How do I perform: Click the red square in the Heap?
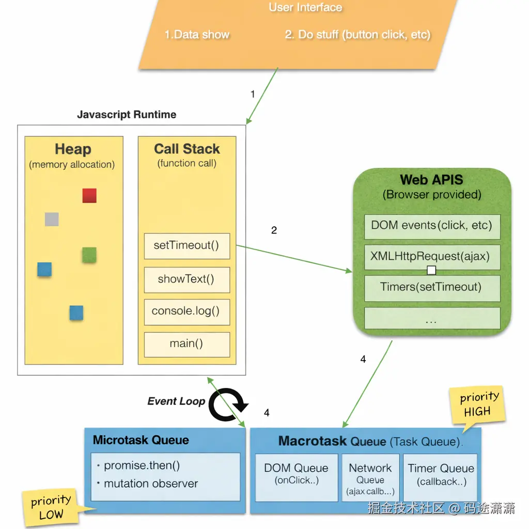point(89,196)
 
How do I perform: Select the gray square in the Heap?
point(52,219)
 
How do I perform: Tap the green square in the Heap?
point(89,255)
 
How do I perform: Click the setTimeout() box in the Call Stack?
point(186,246)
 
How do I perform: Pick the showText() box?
point(186,279)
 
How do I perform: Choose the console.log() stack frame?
point(186,312)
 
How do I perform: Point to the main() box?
point(186,344)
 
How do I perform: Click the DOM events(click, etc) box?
point(432,226)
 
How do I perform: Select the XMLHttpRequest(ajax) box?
point(432,256)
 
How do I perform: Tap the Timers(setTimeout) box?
point(432,288)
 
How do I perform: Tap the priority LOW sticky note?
point(50,507)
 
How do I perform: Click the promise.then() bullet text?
point(142,465)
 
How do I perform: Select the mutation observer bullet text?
point(151,484)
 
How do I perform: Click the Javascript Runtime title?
point(127,115)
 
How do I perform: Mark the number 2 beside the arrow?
point(274,230)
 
